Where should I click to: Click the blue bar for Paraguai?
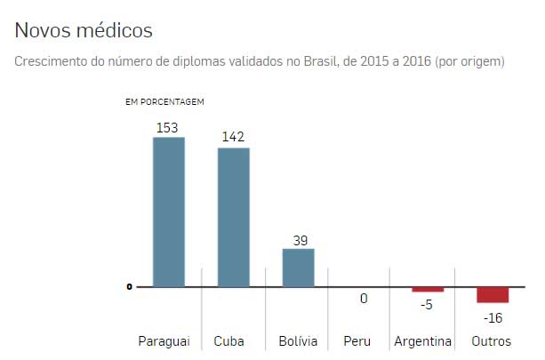[x=168, y=212]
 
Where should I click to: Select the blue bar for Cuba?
[x=234, y=217]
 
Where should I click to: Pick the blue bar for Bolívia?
[x=299, y=268]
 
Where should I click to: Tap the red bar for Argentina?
[x=428, y=290]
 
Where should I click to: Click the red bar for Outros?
[x=493, y=295]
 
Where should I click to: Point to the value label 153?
[x=167, y=127]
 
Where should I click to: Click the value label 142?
[x=234, y=137]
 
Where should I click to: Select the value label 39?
[x=299, y=239]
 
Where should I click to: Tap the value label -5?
[x=427, y=304]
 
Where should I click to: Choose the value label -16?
[x=492, y=316]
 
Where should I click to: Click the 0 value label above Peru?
[x=364, y=299]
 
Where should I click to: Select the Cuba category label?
[x=229, y=341]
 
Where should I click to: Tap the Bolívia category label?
[x=298, y=341]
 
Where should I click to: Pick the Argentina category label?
[x=424, y=341]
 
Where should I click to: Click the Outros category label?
[x=492, y=341]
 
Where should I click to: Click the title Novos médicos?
[x=84, y=30]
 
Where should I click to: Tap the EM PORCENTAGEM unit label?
[x=165, y=100]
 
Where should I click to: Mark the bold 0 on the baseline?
[x=129, y=287]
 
